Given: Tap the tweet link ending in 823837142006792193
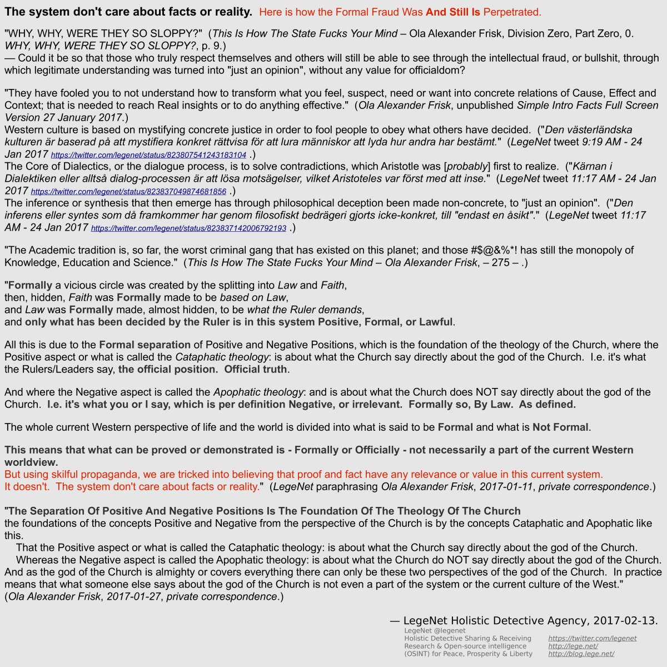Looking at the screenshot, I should [x=188, y=228].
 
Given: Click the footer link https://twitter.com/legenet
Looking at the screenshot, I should [x=592, y=639].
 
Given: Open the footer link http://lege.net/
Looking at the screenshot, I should [x=573, y=646].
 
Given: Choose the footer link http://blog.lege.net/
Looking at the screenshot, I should [x=581, y=654].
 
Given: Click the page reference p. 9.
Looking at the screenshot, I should [x=212, y=45].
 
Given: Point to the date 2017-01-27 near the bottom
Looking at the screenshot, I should [x=133, y=596].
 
